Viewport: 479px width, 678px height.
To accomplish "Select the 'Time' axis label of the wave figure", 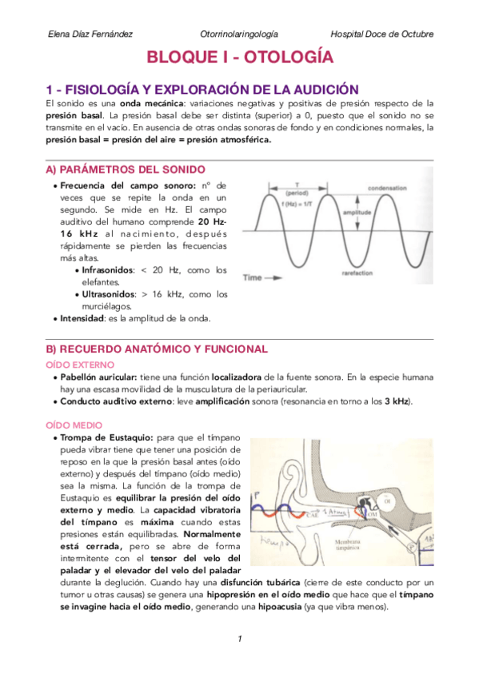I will point(253,278).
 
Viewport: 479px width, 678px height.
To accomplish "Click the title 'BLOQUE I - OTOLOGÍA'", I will point(239,58).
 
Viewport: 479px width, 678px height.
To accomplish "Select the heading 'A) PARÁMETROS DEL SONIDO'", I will point(126,169).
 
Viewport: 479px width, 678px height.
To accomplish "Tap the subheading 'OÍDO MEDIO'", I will point(70,425).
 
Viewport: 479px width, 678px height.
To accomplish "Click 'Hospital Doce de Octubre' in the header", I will point(382,34).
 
